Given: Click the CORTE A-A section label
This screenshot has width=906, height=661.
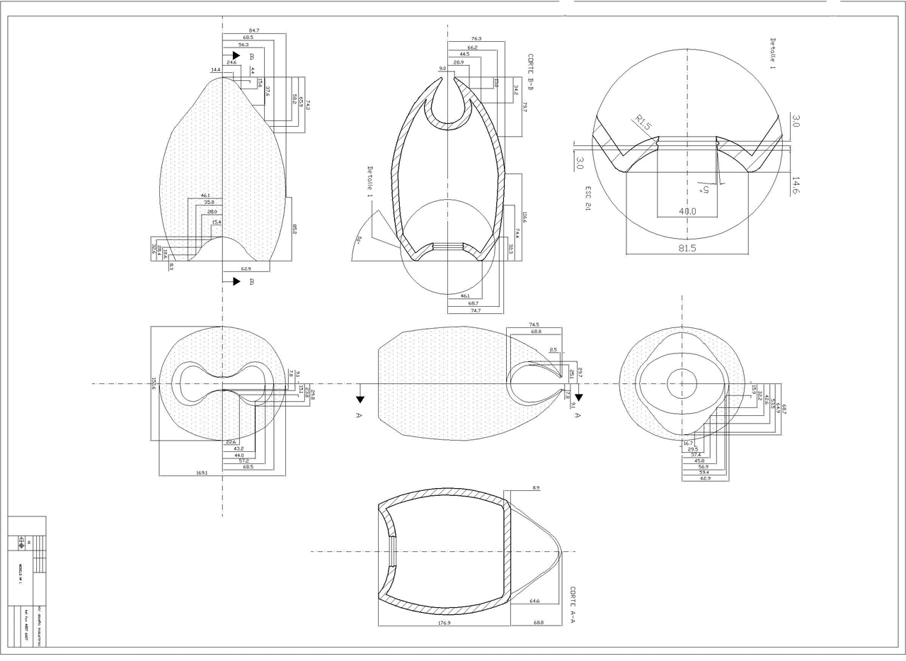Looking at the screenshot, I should [573, 604].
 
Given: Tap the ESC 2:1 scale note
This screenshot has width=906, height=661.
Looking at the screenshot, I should [587, 199].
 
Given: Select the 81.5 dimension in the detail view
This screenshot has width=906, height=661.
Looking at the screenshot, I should [687, 249].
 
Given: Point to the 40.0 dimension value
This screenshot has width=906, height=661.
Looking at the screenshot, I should [687, 211].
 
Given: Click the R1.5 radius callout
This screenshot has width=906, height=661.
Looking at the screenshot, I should [643, 123].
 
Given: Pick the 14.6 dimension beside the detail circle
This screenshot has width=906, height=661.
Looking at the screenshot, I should [796, 186].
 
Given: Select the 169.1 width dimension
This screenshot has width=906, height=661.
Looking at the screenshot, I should [201, 473].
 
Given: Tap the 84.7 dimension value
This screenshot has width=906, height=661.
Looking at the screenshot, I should [254, 30].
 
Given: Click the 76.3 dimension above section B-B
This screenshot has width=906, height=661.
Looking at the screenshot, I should [476, 39].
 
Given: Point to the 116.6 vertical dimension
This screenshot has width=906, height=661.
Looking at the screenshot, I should [524, 215].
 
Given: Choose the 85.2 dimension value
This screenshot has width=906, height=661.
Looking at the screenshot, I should [294, 230].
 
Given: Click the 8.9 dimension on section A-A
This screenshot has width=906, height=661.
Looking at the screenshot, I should [536, 488].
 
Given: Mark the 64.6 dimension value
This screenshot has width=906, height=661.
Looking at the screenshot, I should [535, 601].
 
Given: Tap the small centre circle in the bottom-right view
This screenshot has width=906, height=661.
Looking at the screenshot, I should [682, 383].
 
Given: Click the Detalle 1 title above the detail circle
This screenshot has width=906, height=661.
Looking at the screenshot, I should [772, 54].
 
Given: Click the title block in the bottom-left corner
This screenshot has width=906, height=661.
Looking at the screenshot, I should [27, 581].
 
